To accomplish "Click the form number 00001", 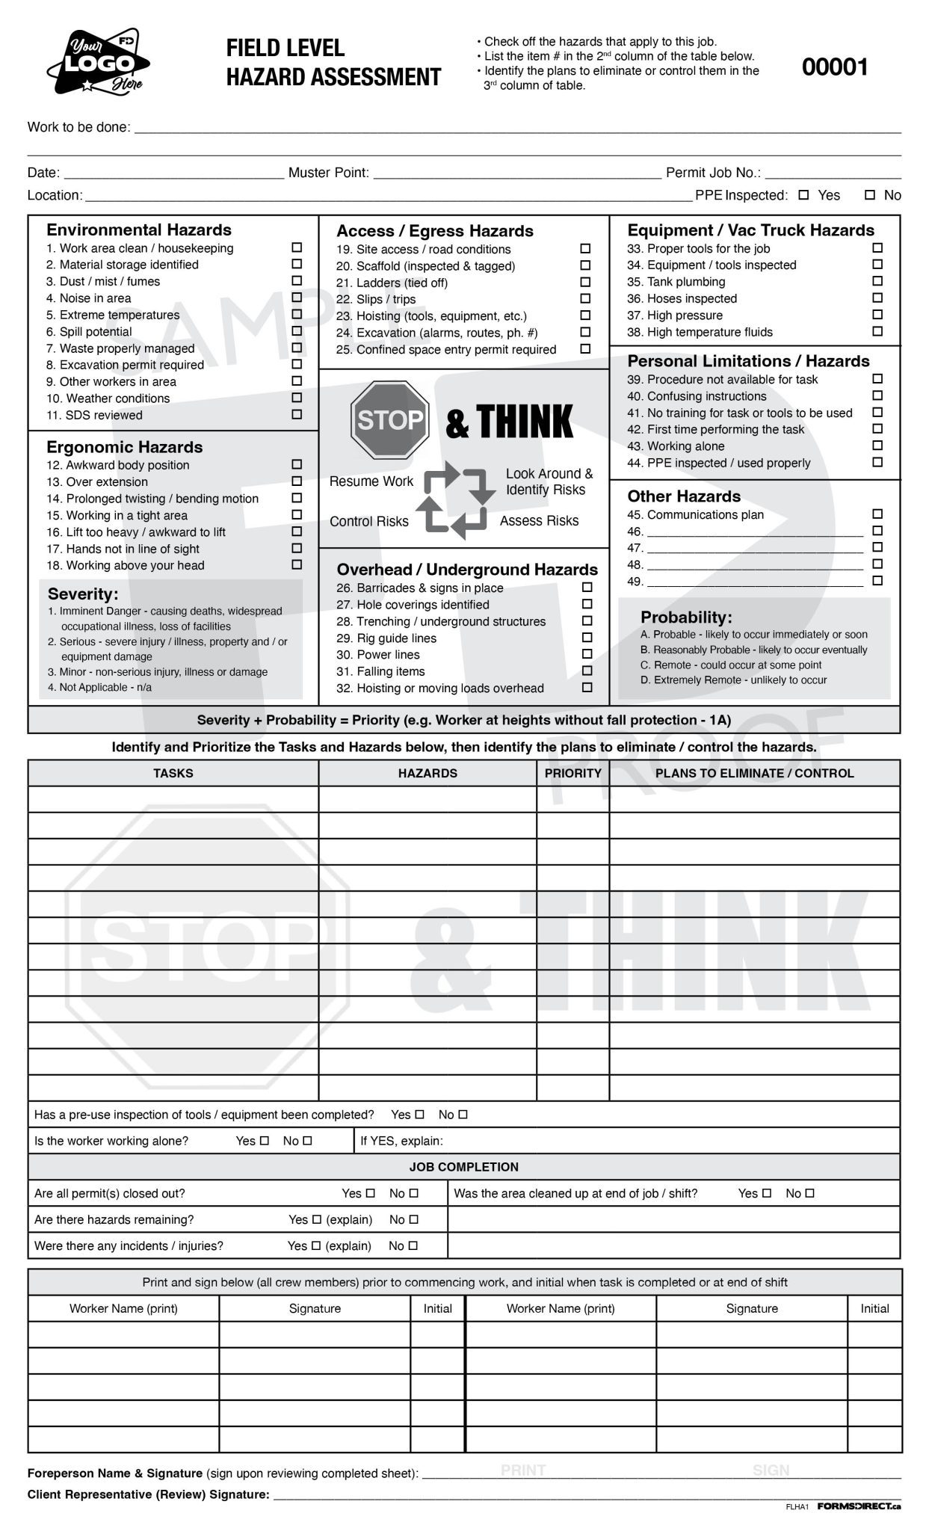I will tap(834, 67).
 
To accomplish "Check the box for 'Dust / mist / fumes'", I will tap(297, 280).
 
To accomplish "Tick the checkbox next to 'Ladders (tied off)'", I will tap(585, 282).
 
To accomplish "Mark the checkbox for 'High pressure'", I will tap(877, 315).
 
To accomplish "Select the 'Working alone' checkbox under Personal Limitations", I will tap(877, 446).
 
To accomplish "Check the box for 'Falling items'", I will tap(587, 671).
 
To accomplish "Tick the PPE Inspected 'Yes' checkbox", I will tap(803, 195).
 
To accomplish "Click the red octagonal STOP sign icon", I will tap(389, 420).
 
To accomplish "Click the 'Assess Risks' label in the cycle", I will tap(539, 520).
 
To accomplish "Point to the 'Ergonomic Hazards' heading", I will tap(124, 447).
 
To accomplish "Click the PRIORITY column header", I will tap(572, 773).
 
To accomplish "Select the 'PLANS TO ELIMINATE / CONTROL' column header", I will tap(754, 773).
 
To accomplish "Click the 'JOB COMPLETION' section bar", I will tap(463, 1166).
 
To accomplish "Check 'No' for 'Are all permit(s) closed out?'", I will tap(414, 1193).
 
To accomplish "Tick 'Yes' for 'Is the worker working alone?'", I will tap(264, 1141).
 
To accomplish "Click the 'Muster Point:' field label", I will tap(328, 173).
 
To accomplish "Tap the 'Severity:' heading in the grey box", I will tap(83, 594).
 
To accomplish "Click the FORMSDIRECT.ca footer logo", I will tap(859, 1506).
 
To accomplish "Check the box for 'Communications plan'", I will tap(877, 514).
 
